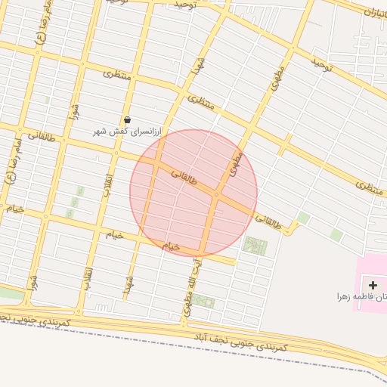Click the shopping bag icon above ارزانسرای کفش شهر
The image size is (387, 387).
(x=126, y=119)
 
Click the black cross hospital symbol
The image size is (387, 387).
(x=373, y=285)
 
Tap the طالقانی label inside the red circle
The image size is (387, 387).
(x=184, y=178)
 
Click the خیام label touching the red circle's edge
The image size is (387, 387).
(x=172, y=246)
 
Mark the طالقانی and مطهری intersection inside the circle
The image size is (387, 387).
(x=216, y=194)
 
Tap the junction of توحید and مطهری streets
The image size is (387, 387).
(x=291, y=50)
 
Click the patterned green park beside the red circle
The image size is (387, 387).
(x=255, y=246)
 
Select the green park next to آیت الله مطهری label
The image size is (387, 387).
(x=203, y=301)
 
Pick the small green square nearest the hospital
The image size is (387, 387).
(x=336, y=235)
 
